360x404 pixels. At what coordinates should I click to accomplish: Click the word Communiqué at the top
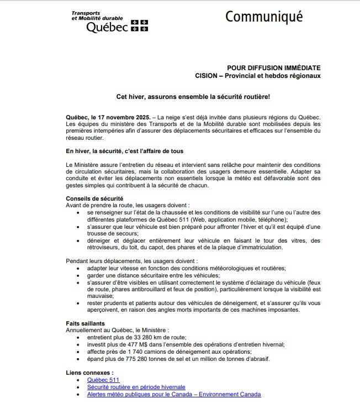tap(264, 17)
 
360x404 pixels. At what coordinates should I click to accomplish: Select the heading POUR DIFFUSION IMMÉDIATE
tap(274, 66)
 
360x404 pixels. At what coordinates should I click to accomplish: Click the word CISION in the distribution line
tap(207, 75)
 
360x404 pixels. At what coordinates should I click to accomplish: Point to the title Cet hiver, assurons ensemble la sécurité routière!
tap(193, 96)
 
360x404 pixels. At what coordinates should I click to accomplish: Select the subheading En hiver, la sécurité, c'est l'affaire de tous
tap(124, 151)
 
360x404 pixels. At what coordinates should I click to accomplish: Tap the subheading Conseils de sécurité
tap(94, 198)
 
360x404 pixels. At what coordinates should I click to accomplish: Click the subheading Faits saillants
tap(86, 323)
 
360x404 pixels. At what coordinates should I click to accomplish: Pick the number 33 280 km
tap(141, 337)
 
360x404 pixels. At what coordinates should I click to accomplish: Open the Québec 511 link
tap(103, 380)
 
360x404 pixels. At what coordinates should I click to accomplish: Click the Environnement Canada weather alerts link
tap(174, 395)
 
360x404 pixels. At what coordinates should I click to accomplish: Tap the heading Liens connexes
tap(90, 373)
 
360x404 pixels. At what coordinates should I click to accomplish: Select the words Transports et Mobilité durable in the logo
tap(97, 15)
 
